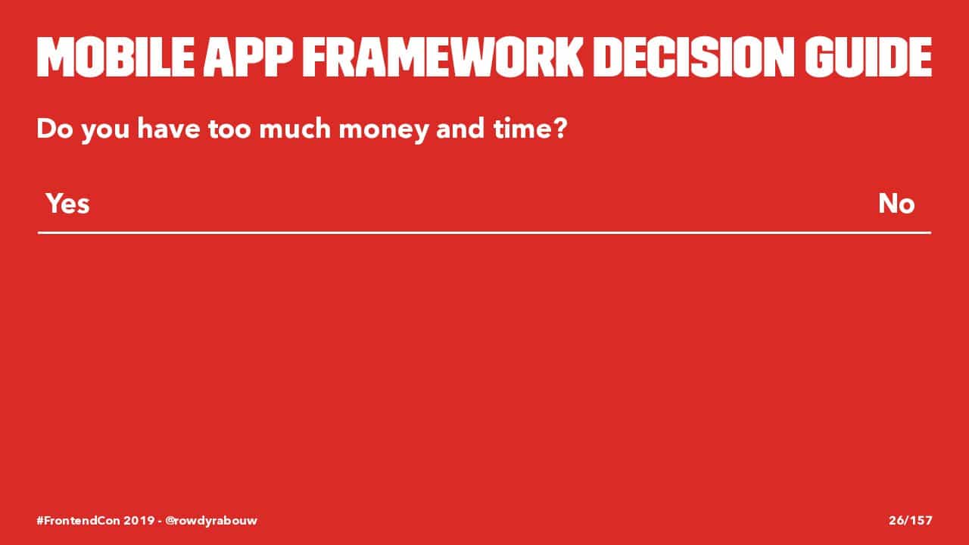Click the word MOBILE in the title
[x=116, y=58]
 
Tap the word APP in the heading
[x=248, y=58]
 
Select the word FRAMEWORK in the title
[x=443, y=58]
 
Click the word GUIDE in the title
[x=868, y=58]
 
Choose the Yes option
[x=68, y=204]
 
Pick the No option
[x=896, y=204]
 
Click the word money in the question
[x=384, y=129]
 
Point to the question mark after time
[x=559, y=129]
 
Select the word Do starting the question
[x=55, y=129]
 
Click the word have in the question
[x=169, y=128]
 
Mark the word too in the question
[x=229, y=129]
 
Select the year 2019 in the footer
[x=139, y=520]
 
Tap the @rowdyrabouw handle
[x=211, y=521]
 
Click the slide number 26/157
[x=911, y=520]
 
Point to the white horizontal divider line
[x=484, y=232]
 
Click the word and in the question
[x=460, y=128]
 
